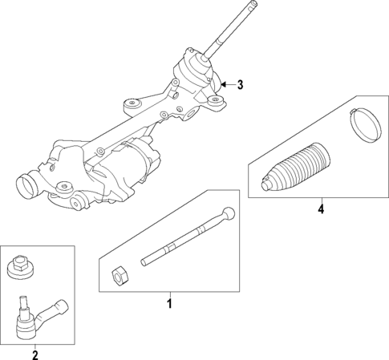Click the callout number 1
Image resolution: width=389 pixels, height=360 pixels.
click(169, 304)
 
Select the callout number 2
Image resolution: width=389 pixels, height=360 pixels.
click(34, 353)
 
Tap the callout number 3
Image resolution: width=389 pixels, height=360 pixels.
click(238, 84)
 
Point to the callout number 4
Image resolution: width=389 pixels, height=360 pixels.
click(321, 210)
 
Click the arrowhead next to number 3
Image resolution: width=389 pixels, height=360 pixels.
click(224, 83)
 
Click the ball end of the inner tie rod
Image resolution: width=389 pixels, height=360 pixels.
click(229, 213)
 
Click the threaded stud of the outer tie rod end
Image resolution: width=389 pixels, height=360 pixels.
click(22, 304)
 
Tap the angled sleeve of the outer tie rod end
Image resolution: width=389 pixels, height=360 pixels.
click(56, 308)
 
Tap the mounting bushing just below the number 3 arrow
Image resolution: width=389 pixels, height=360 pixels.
click(215, 101)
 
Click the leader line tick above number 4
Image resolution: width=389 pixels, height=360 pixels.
click(321, 200)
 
